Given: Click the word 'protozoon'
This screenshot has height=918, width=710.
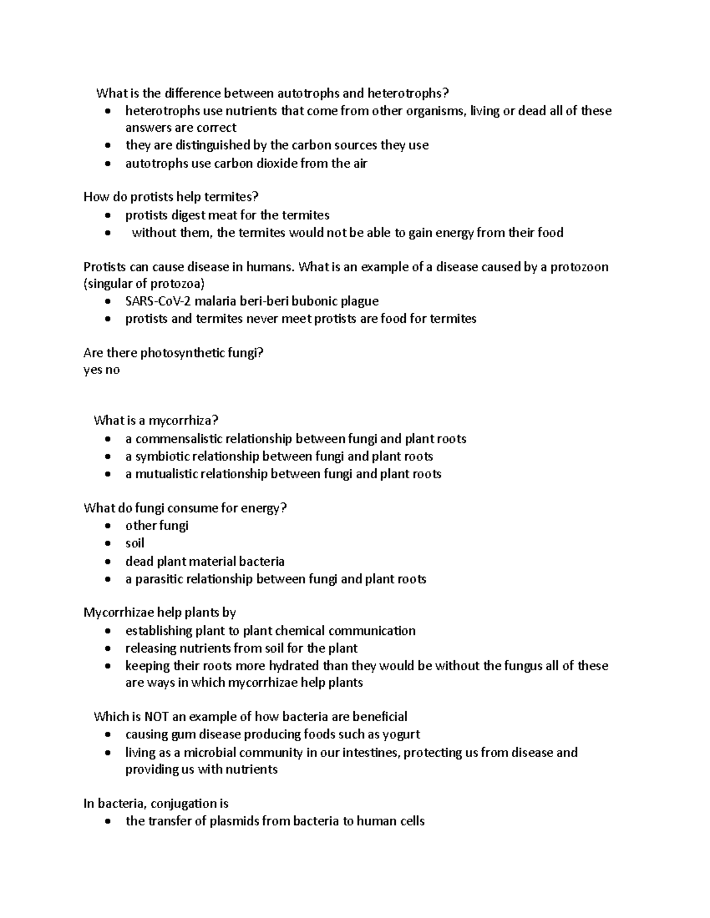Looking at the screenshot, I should coord(579,267).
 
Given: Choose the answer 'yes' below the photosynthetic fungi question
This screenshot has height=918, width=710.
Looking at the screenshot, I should coord(93,370).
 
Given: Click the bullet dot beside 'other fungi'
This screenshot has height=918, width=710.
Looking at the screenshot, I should coord(106,526).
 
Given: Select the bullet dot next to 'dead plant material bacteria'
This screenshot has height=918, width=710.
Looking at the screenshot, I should coord(106,562).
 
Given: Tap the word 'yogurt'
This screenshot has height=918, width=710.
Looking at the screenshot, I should coord(401,734).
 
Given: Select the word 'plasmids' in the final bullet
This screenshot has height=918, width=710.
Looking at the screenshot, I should coord(235,821).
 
